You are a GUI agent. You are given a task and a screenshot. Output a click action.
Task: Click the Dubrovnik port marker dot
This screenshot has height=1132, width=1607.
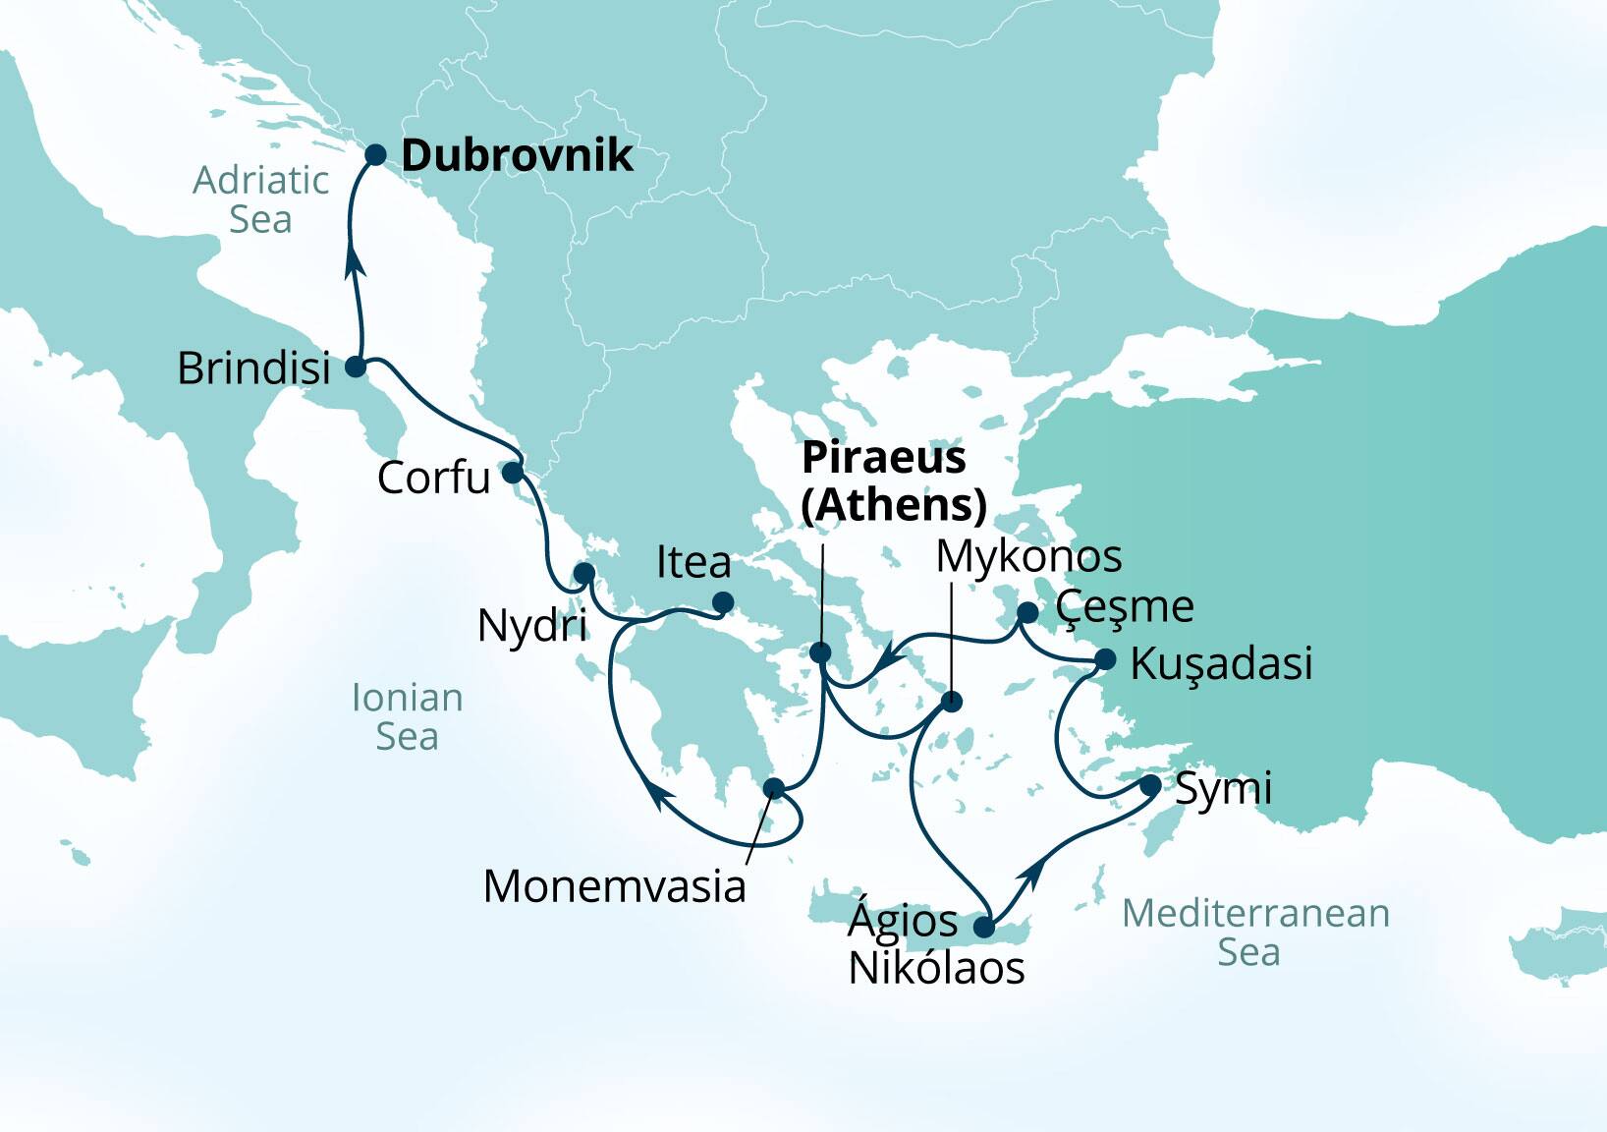click(x=375, y=154)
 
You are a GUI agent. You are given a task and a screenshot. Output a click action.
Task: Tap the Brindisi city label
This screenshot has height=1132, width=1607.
click(x=253, y=368)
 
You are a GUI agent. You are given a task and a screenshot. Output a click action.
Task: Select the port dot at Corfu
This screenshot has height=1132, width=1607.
click(x=513, y=473)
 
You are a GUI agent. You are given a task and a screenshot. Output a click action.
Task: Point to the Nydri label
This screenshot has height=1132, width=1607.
click(x=531, y=625)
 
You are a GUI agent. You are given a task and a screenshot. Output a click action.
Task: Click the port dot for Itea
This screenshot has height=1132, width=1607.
click(x=722, y=602)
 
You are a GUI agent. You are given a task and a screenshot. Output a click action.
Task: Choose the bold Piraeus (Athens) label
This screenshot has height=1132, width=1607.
click(x=893, y=481)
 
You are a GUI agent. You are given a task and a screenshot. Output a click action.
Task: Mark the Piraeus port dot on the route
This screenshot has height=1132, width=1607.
click(x=821, y=652)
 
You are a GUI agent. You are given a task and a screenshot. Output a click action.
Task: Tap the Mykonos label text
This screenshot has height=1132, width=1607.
click(x=1027, y=556)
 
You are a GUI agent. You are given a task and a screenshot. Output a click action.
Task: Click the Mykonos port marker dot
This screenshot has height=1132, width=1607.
click(x=951, y=702)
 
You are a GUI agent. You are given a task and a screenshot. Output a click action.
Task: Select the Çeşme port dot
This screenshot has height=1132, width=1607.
click(x=1027, y=613)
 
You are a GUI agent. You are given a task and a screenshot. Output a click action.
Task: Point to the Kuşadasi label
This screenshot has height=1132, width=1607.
click(x=1220, y=663)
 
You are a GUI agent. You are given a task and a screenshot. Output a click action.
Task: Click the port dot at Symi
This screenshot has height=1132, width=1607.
click(x=1150, y=785)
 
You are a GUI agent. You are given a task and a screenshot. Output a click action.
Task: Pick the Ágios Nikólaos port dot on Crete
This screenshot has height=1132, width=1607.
click(x=984, y=927)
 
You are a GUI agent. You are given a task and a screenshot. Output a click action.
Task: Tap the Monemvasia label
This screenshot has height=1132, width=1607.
click(x=614, y=886)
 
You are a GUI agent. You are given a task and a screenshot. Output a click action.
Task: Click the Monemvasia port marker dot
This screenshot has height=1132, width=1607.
click(x=774, y=787)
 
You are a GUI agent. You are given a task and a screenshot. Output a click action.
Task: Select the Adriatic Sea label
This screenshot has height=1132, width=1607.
click(x=260, y=199)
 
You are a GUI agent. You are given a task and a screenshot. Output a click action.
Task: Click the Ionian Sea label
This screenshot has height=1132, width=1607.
click(x=407, y=716)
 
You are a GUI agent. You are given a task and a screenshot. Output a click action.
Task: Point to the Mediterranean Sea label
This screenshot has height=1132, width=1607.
click(x=1254, y=932)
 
